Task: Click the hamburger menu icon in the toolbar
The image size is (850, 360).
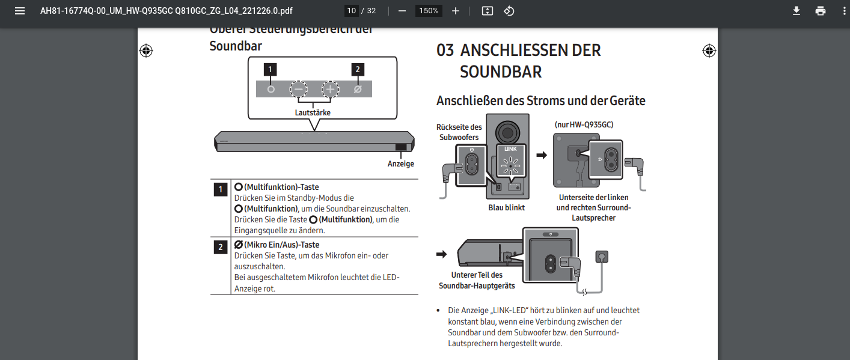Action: pos(20,11)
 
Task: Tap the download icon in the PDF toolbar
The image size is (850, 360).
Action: pos(796,11)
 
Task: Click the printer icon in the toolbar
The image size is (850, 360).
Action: pos(821,11)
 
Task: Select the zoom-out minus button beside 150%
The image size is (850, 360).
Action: pos(402,11)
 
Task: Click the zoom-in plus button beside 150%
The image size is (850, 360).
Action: pos(456,11)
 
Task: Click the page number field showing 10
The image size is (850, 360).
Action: pos(352,11)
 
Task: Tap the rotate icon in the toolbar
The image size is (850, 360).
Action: pos(509,11)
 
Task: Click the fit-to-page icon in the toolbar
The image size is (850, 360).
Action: pos(488,11)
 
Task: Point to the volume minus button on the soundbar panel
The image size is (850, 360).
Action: pos(299,90)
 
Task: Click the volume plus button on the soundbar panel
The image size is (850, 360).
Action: pos(330,90)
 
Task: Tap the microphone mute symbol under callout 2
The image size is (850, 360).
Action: pos(358,89)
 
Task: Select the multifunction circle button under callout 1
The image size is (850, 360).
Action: pos(271,89)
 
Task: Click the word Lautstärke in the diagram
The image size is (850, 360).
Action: pos(313,112)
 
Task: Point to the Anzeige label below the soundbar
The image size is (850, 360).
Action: pos(400,163)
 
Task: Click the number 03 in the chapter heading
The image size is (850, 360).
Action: pos(445,50)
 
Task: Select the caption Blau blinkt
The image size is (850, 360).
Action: pos(506,207)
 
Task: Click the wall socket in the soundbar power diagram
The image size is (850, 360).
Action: pos(601,257)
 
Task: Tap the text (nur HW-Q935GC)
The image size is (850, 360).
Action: pos(584,124)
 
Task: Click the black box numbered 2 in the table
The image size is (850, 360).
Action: pos(221,247)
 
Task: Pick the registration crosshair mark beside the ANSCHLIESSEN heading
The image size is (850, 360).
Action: pos(709,50)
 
